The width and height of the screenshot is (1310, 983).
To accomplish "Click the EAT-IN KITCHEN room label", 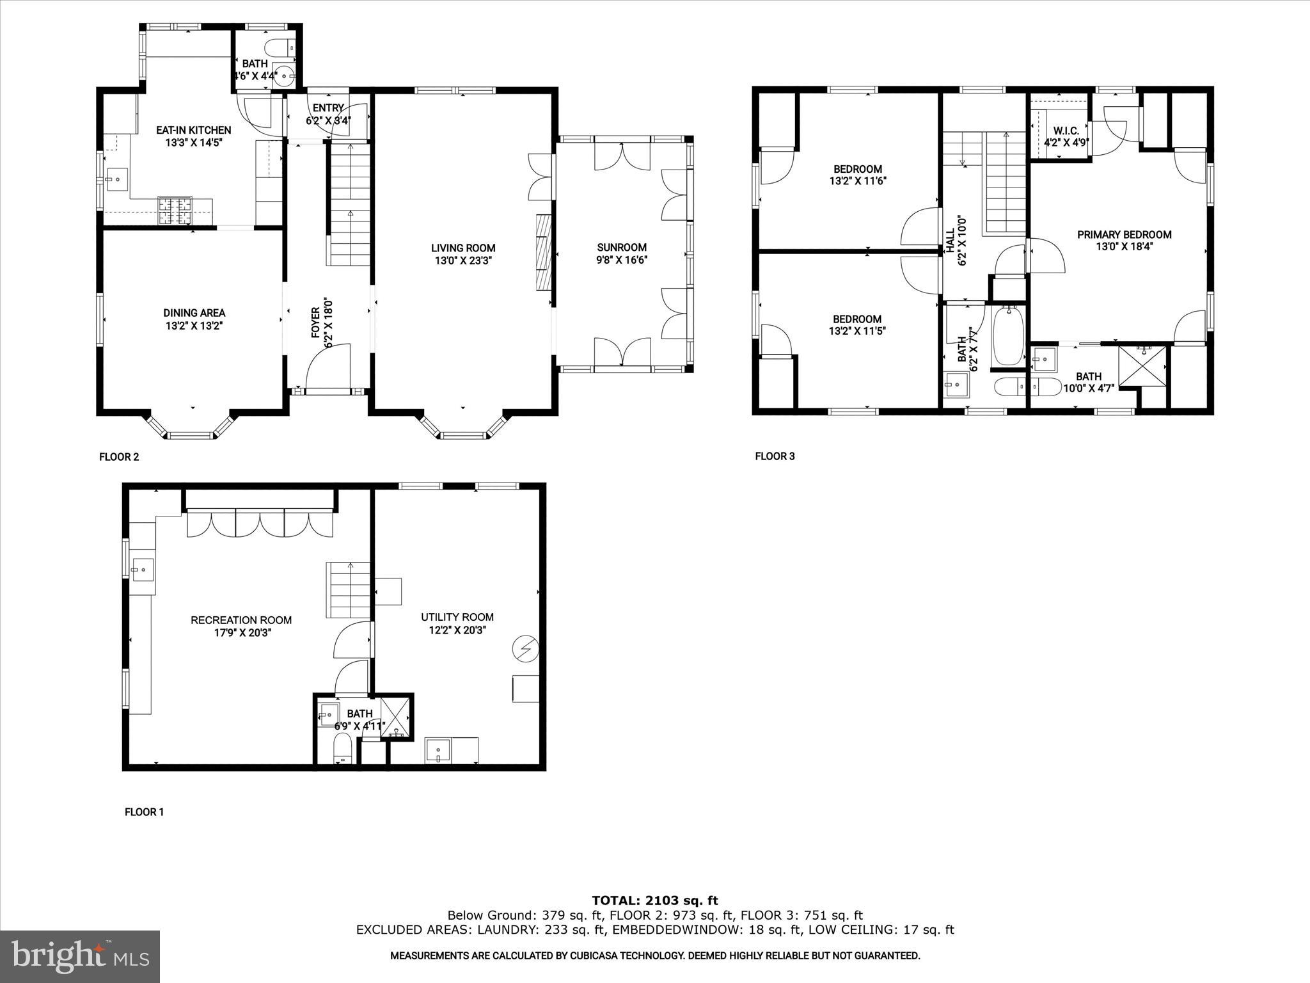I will [x=193, y=130].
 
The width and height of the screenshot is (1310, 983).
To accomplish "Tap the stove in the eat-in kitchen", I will [x=175, y=211].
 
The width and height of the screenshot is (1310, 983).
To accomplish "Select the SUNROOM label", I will [x=622, y=247].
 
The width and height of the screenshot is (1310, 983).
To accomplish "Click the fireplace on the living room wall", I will [x=543, y=252].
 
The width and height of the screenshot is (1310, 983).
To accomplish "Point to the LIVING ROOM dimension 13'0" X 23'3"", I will [x=463, y=260].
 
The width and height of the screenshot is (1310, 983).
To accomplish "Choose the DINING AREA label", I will [x=194, y=313].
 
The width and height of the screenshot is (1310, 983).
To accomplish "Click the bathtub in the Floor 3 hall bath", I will [x=1008, y=335].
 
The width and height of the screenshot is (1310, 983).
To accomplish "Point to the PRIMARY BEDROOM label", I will [x=1124, y=234].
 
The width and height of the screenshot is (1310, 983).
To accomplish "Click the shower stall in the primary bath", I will [x=1142, y=366].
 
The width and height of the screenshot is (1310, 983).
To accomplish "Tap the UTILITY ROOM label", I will [x=457, y=617].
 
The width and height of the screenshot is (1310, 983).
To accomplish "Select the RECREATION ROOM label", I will [x=241, y=619].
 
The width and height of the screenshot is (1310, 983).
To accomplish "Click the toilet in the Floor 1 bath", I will [x=343, y=748].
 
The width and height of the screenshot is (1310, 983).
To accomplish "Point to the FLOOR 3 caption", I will [x=775, y=456].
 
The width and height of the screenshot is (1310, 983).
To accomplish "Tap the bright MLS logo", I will [x=80, y=956].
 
